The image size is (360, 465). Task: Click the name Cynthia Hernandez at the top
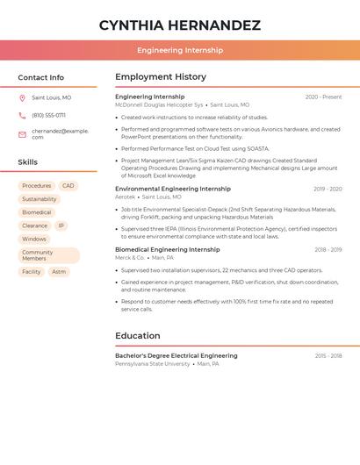(179, 25)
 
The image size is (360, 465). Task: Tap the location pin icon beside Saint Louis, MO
(22, 97)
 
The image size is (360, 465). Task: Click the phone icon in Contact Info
(22, 115)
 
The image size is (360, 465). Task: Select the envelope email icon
(22, 134)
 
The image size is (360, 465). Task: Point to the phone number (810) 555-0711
(48, 115)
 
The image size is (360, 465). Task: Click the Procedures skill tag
(37, 186)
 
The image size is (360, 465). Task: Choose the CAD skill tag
(68, 186)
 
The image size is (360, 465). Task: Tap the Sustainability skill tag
(40, 199)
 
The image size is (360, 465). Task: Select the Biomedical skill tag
(37, 212)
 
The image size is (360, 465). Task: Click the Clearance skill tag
(35, 225)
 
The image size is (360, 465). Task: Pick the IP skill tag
(61, 225)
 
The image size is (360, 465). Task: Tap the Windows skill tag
(34, 239)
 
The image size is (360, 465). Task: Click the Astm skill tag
(59, 272)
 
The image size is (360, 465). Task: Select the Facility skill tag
(32, 272)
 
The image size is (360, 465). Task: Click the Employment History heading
(161, 77)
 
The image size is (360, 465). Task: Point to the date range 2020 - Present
(323, 97)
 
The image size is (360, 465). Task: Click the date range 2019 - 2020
(328, 190)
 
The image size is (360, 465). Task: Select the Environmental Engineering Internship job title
(173, 189)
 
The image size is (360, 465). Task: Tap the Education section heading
(138, 336)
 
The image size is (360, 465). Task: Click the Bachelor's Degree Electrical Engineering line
(176, 356)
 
